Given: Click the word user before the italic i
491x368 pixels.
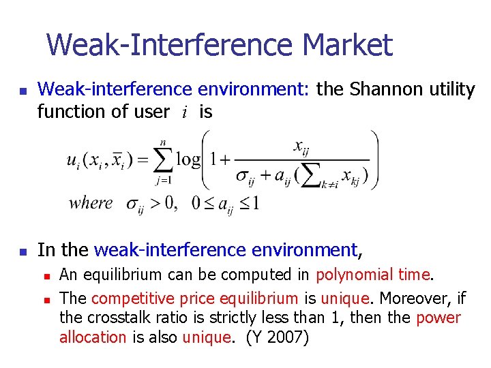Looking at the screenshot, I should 150,111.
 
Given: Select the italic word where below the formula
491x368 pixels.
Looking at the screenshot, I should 90,202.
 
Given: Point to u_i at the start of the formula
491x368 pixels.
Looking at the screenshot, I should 74,162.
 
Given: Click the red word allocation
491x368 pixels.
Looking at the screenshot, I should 93,337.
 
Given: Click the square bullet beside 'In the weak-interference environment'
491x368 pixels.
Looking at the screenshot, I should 23,251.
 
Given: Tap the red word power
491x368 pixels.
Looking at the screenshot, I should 438,318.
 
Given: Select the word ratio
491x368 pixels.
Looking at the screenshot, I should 175,318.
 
